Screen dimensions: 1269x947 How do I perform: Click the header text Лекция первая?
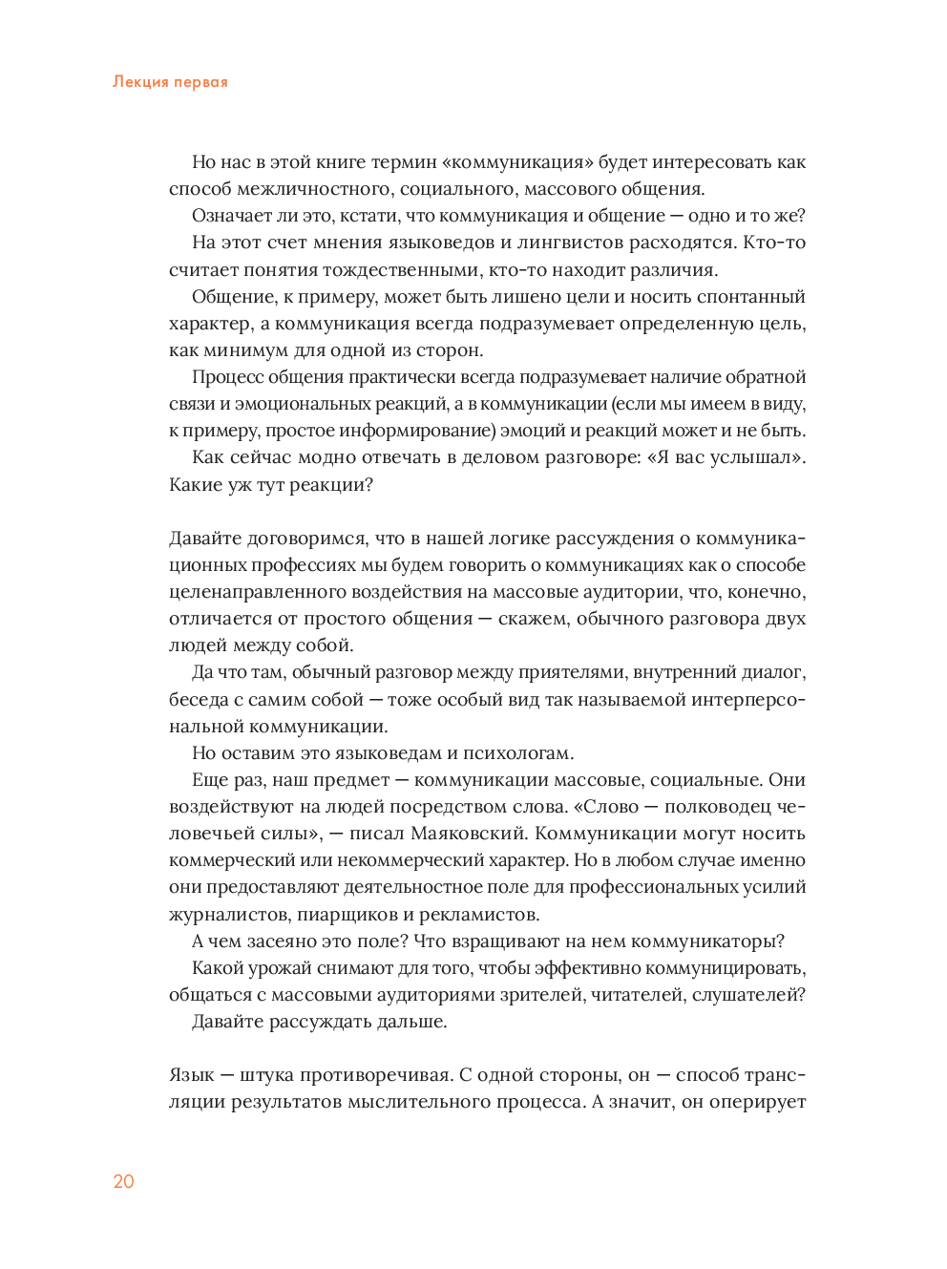(x=170, y=82)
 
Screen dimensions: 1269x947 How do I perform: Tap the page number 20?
(x=124, y=1181)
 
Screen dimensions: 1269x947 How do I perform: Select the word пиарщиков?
(x=343, y=915)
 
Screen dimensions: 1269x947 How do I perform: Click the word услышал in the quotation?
(x=750, y=457)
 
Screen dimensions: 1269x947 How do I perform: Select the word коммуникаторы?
(x=708, y=941)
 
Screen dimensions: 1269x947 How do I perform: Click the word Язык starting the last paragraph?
(x=192, y=1075)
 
